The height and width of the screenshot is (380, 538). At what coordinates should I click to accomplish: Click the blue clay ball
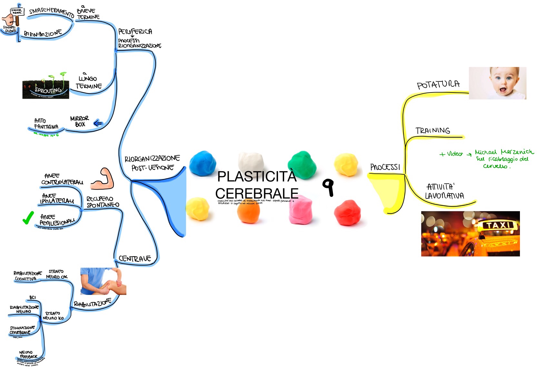point(203,163)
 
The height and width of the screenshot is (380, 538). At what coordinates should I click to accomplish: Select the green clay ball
point(302,164)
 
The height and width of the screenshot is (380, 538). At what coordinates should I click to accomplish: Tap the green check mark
point(28,218)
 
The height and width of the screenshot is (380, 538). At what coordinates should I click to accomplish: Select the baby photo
point(497,83)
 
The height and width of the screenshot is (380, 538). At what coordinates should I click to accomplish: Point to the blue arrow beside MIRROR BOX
point(98,123)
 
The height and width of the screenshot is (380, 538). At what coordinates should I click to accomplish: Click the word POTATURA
point(438,85)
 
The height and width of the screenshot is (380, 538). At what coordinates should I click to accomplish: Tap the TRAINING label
point(433,131)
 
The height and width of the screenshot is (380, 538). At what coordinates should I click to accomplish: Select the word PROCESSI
point(385,167)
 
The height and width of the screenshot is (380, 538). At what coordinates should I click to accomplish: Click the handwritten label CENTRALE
point(134,258)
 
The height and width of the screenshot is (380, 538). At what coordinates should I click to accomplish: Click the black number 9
point(328,187)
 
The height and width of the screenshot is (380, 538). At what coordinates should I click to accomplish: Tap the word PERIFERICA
point(135,32)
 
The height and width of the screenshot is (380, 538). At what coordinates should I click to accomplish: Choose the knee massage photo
point(103,281)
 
